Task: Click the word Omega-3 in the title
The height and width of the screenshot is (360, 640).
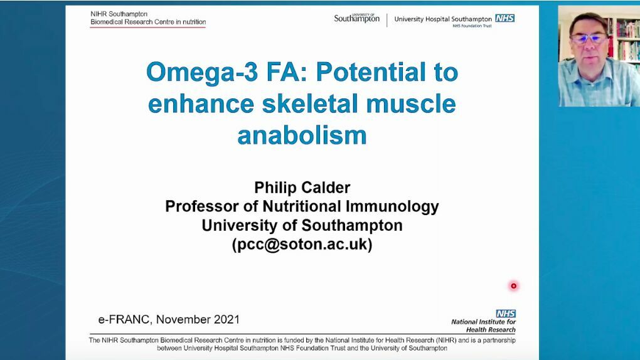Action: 202,73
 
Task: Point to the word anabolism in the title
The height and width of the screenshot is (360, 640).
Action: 302,135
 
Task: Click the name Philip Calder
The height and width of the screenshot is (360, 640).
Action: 302,188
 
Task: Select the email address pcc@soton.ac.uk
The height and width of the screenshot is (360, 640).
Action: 302,244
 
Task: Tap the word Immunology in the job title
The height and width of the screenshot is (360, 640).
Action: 392,206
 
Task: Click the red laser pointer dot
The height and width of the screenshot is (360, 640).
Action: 513,286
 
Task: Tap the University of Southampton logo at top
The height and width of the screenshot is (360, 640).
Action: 357,18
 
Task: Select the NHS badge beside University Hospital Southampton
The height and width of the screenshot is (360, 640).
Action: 505,18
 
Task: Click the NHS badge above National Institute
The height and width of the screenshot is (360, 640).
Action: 506,314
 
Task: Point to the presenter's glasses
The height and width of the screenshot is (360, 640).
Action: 589,39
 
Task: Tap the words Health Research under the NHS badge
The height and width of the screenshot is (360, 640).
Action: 491,330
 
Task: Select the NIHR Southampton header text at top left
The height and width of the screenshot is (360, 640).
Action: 119,14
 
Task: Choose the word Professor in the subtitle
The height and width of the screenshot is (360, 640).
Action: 202,206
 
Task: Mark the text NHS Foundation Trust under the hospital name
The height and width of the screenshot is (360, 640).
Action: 472,26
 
